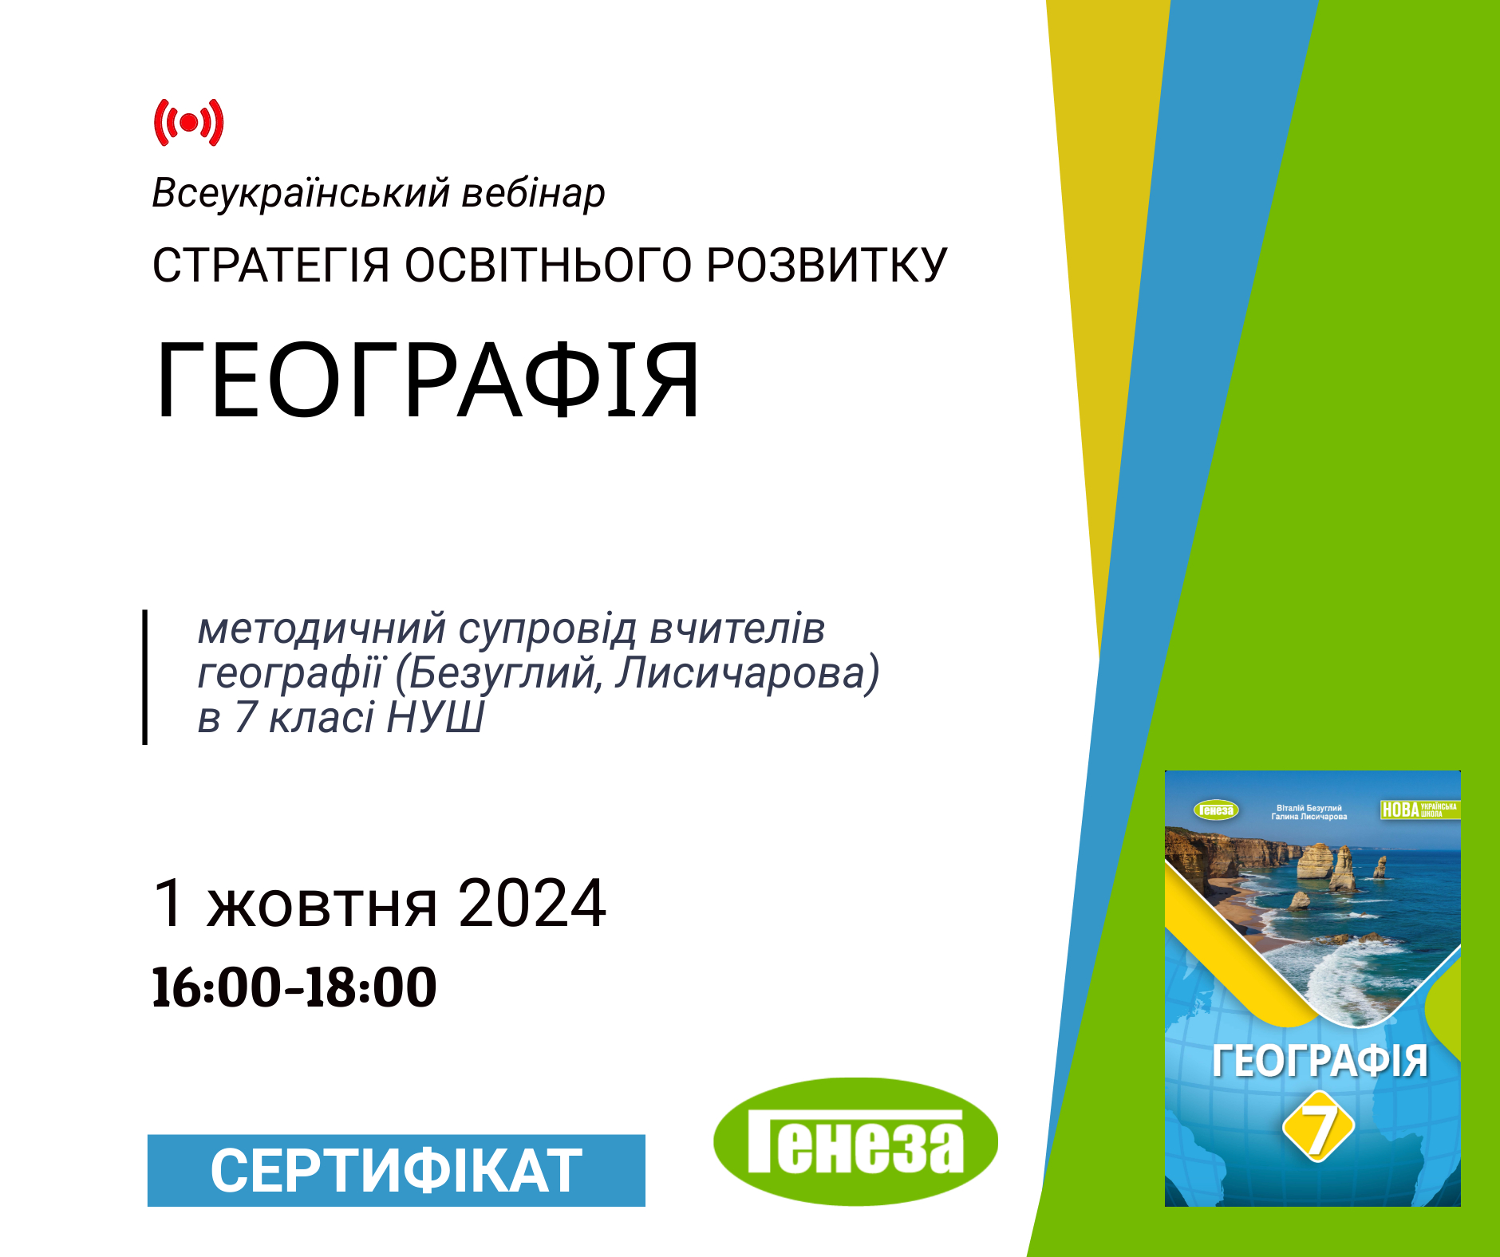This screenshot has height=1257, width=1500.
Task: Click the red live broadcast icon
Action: pyautogui.click(x=188, y=123)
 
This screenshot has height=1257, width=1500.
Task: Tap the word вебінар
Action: pyautogui.click(x=534, y=195)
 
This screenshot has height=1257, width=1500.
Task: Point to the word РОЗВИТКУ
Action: pyautogui.click(x=827, y=266)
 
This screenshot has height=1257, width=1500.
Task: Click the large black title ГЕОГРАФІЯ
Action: pyautogui.click(x=428, y=380)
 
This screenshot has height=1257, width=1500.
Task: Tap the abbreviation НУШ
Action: pyautogui.click(x=436, y=717)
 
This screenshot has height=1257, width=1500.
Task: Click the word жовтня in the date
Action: pyautogui.click(x=322, y=904)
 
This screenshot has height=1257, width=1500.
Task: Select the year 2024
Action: pyautogui.click(x=532, y=903)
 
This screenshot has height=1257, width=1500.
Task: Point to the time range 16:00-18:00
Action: pyautogui.click(x=294, y=987)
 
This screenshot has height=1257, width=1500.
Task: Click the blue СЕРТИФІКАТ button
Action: pyautogui.click(x=397, y=1170)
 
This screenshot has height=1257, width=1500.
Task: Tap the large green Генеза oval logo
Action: pyautogui.click(x=855, y=1141)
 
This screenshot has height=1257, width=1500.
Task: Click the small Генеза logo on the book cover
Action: pyautogui.click(x=1216, y=810)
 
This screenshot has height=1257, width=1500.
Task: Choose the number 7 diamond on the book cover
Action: pyautogui.click(x=1318, y=1126)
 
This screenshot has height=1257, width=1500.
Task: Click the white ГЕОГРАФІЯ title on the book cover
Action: pyautogui.click(x=1320, y=1061)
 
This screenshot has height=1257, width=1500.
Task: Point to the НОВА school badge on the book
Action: pyautogui.click(x=1419, y=810)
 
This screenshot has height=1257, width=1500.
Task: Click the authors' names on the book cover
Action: pyautogui.click(x=1309, y=812)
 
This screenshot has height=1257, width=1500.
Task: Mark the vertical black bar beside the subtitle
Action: pyautogui.click(x=145, y=677)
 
